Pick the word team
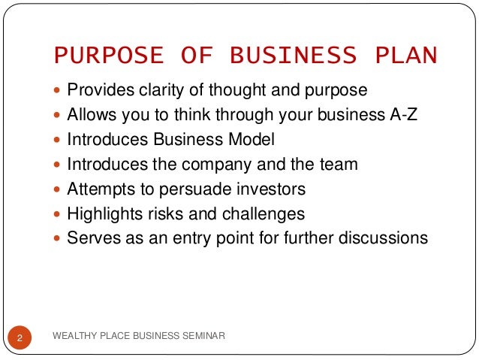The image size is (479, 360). click(340, 165)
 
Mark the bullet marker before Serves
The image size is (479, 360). click(59, 239)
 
